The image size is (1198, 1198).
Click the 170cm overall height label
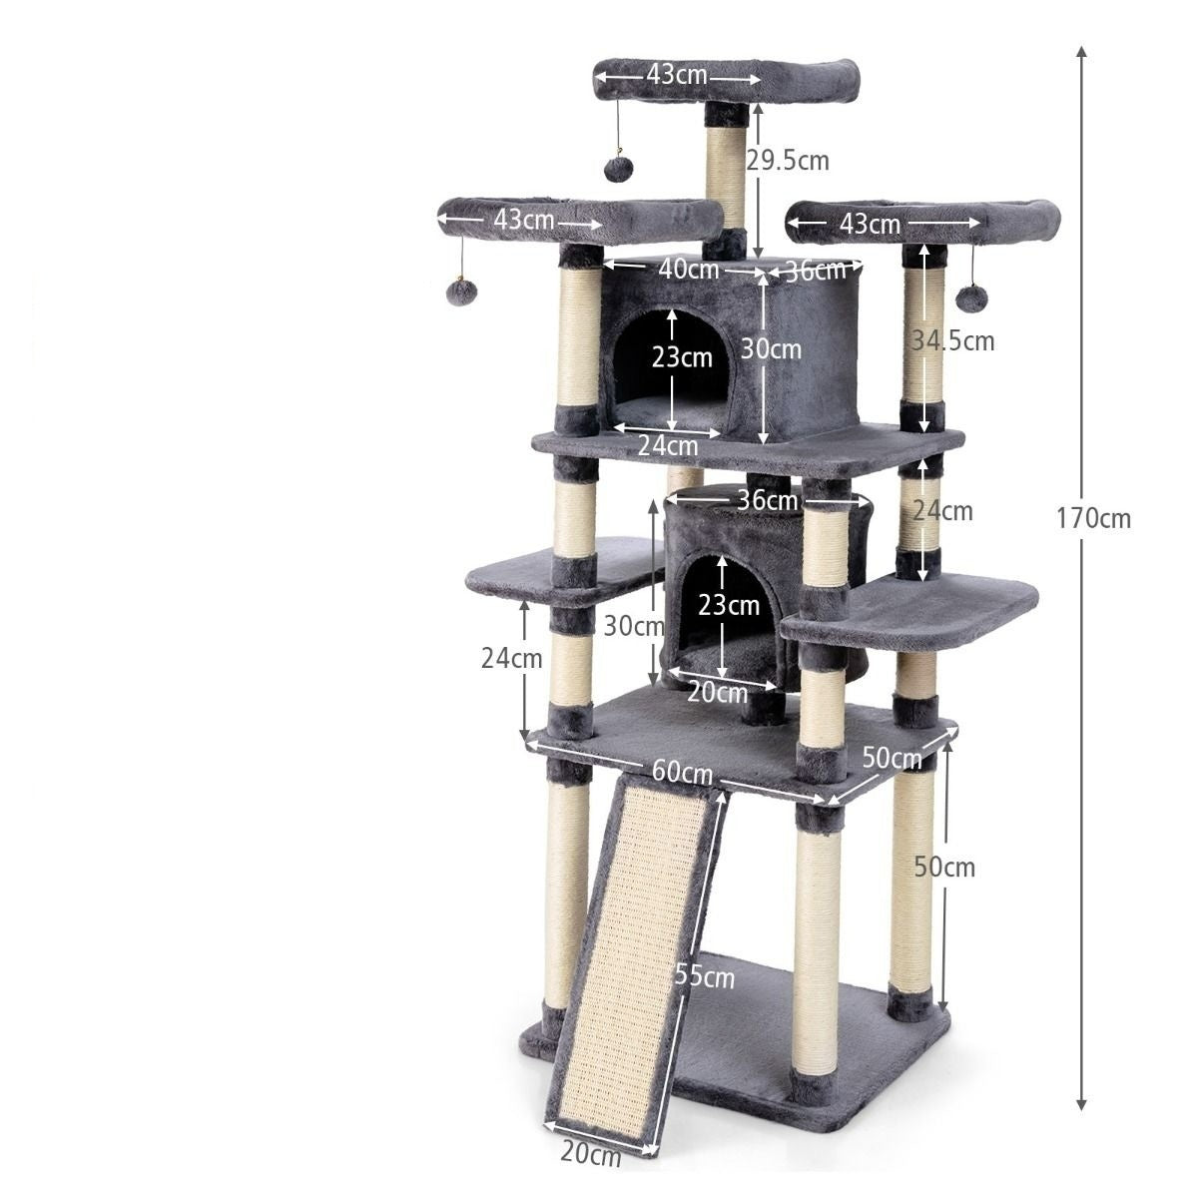(x=1093, y=519)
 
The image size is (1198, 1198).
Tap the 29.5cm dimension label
(x=787, y=161)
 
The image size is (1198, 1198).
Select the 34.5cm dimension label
(x=953, y=341)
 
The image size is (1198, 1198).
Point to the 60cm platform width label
(x=682, y=773)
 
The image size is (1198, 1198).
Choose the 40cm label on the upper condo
(x=688, y=270)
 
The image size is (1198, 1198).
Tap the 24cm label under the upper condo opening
(x=667, y=445)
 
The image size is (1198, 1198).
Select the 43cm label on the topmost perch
(x=677, y=75)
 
